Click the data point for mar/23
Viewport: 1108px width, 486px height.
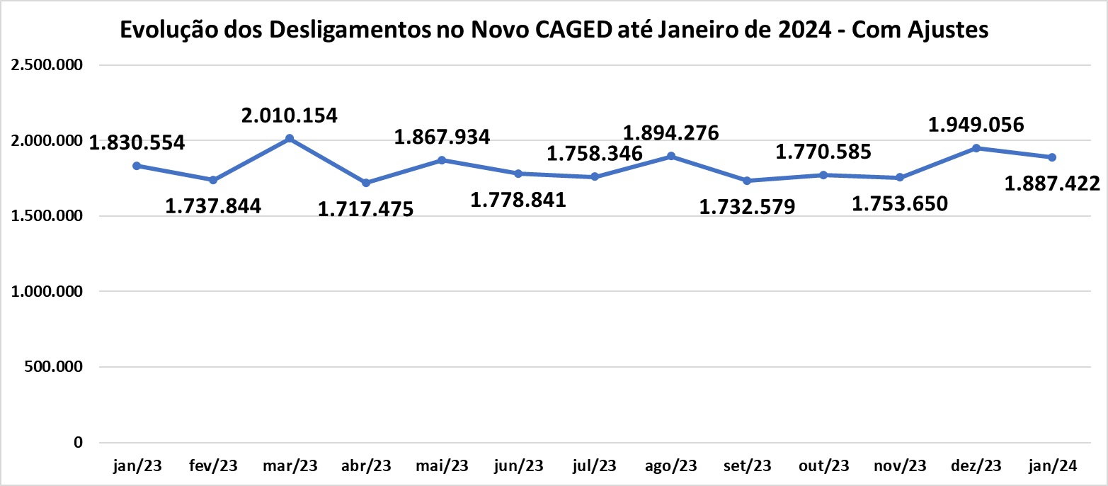pos(290,138)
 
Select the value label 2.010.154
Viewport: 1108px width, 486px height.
pos(290,114)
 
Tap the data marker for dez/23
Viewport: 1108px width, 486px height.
pos(976,147)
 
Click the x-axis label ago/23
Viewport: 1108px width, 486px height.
pos(670,466)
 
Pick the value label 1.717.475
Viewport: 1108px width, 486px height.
pos(365,210)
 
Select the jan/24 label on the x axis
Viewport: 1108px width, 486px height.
pos(1053,466)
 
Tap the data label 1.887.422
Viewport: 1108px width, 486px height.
pos(1053,184)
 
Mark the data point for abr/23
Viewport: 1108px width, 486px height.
pos(366,183)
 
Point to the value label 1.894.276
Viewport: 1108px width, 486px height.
pos(670,132)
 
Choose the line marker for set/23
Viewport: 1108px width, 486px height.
pos(747,181)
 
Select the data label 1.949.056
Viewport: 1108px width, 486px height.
pos(976,125)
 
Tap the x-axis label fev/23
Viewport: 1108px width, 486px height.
pos(213,466)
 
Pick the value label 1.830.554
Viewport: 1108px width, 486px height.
pos(137,142)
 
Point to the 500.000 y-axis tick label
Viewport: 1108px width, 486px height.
pos(52,367)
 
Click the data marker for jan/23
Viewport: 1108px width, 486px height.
pos(137,165)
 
